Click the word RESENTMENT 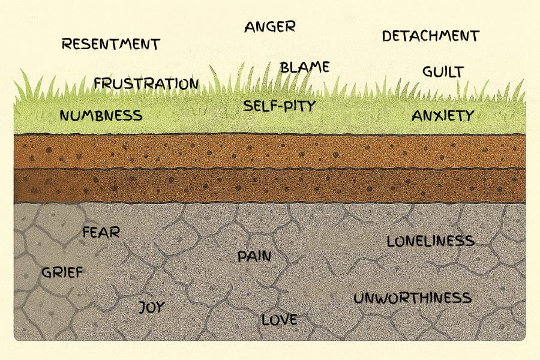point(111,44)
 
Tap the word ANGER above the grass point(269,26)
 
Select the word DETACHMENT point(430,36)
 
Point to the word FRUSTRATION point(146,83)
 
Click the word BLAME point(305,67)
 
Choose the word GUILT point(443,72)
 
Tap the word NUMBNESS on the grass point(101,116)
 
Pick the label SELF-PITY point(279,107)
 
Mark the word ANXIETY point(443,116)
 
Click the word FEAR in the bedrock point(101,232)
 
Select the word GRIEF point(62,272)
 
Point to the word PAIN point(254,257)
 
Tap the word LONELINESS point(430,241)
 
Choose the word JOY point(151,307)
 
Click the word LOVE point(279,320)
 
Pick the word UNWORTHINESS point(412,298)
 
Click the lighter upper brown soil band point(270,151)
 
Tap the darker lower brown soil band point(270,185)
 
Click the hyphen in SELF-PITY point(279,107)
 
